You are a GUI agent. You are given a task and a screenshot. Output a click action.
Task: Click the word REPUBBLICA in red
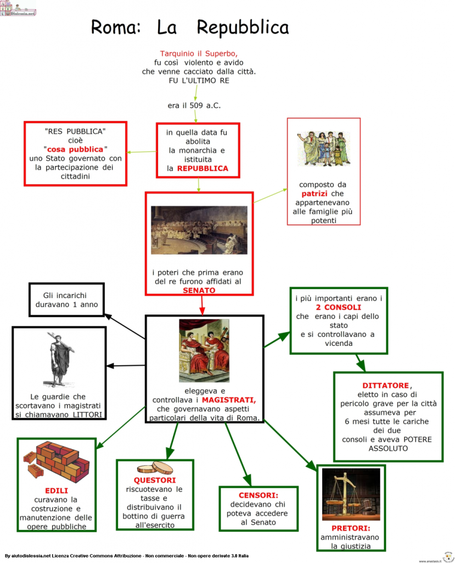coord(203,168)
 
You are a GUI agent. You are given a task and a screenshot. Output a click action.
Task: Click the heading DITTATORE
coord(386,385)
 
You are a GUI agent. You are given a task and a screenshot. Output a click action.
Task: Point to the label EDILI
coord(56,490)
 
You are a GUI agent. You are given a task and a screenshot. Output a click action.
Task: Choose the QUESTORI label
coord(154,480)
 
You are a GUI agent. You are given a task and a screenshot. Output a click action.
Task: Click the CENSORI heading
coord(259,495)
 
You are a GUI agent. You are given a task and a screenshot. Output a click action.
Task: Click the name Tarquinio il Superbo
coord(199,54)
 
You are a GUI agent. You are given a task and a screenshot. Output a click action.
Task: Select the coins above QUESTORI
coord(155,468)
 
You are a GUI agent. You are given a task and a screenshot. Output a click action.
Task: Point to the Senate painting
coord(199,230)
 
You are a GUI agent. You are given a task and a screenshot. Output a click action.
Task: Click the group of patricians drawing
coord(323,148)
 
